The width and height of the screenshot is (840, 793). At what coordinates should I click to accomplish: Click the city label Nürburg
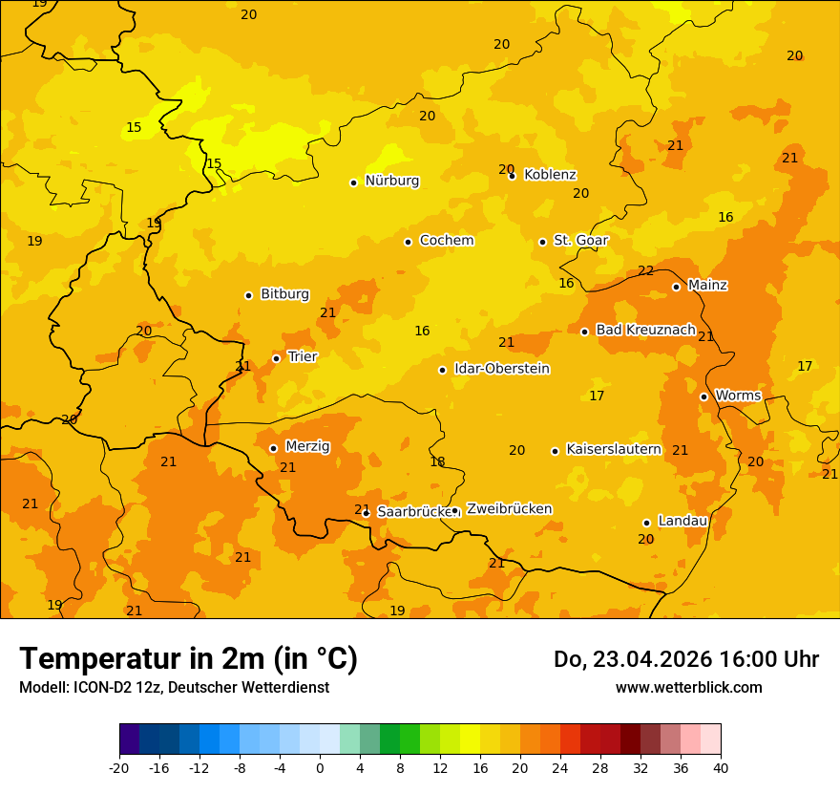[x=391, y=181]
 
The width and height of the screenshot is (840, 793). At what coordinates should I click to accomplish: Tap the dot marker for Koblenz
[x=513, y=176]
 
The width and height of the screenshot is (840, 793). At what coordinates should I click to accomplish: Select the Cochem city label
[x=446, y=241]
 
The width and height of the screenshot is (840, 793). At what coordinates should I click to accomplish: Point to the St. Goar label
[x=580, y=241]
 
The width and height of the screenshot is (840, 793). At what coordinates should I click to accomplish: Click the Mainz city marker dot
[x=676, y=287]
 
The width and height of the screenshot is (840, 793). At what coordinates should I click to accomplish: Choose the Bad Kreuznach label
[x=645, y=330]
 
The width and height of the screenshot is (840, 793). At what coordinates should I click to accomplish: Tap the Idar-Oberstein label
[x=501, y=369]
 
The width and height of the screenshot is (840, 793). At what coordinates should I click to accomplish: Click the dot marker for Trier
[x=277, y=359]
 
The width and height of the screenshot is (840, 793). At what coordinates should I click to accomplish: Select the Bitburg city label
[x=284, y=294]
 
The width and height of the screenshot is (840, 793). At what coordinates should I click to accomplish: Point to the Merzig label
[x=307, y=446]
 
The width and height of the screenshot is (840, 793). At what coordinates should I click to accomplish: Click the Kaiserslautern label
[x=614, y=449]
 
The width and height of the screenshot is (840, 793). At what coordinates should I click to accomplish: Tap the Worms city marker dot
[x=703, y=396]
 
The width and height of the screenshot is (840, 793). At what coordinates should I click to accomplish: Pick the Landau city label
[x=682, y=521]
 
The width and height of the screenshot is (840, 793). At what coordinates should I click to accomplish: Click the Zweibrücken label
[x=509, y=509]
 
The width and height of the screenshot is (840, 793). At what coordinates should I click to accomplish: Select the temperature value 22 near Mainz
[x=646, y=270]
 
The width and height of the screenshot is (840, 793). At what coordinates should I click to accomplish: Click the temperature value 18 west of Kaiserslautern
[x=437, y=461]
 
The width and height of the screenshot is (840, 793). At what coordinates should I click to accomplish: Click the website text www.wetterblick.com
[x=688, y=688]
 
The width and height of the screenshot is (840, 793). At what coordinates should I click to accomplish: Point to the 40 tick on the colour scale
[x=721, y=767]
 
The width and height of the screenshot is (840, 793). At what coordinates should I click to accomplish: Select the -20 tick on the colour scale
[x=119, y=767]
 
